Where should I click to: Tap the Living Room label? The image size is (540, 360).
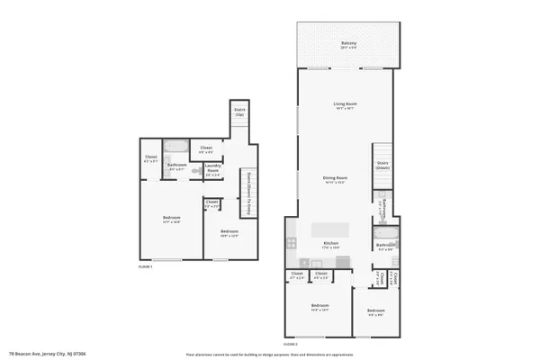coord(343,106)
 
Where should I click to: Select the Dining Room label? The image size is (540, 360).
coord(336,179)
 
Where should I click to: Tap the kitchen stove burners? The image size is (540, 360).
coord(292,243)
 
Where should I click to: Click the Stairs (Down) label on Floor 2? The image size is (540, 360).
coord(382,166)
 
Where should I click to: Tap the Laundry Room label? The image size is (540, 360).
coord(213,168)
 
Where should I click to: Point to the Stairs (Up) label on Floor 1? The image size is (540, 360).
coord(239,113)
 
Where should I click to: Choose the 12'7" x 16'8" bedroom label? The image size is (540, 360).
coord(171,220)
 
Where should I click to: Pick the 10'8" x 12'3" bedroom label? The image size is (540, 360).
coord(229,233)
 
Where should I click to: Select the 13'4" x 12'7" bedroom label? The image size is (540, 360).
coord(319,308)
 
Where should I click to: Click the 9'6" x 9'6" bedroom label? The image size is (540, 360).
coord(375,312)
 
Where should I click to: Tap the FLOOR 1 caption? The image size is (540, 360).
coord(145,267)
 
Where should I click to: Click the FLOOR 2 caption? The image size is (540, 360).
coord(291,344)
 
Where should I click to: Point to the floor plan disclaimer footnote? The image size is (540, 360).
coord(269,354)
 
